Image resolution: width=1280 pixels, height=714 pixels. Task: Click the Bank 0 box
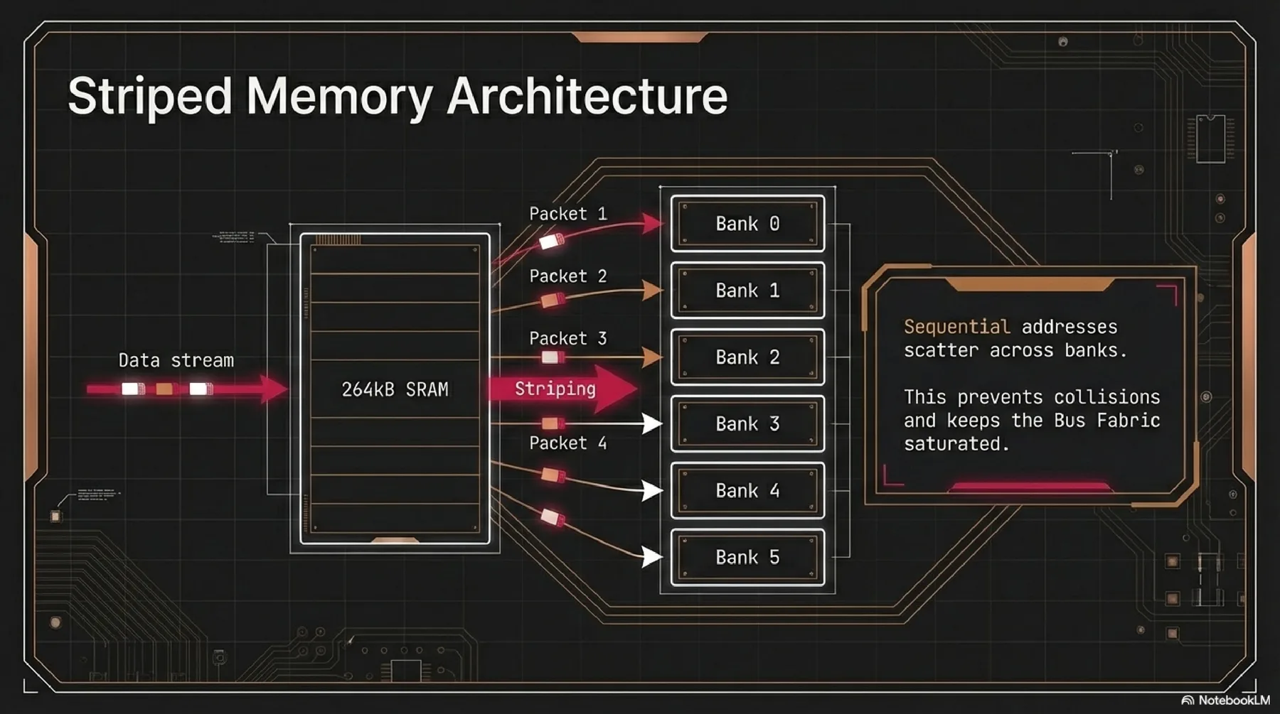(747, 224)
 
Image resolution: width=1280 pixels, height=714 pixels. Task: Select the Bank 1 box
(747, 291)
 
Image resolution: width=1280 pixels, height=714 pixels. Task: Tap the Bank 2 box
(747, 357)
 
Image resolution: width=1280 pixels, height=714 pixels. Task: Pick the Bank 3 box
(747, 424)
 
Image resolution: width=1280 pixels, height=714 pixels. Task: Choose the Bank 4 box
(747, 491)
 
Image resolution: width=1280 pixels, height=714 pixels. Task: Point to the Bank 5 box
(747, 558)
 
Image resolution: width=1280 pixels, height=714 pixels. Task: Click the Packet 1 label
(567, 214)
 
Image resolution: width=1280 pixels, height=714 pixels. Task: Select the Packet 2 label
(567, 276)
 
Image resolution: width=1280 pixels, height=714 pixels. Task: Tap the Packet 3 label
(567, 339)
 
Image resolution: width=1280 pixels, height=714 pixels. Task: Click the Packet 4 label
(567, 443)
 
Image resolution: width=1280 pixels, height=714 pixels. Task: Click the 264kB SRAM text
(395, 389)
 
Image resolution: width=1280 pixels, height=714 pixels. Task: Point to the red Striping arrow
(562, 389)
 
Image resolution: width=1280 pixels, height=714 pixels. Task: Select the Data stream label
(176, 360)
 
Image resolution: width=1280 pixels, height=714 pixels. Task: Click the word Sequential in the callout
(956, 327)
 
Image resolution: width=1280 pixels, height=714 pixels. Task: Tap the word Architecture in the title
(587, 96)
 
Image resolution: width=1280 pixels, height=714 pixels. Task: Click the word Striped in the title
(149, 96)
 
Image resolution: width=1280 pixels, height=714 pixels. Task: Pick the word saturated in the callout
(956, 444)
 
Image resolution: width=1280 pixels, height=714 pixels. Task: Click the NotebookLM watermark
(1226, 701)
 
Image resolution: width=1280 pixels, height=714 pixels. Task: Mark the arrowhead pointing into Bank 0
(653, 223)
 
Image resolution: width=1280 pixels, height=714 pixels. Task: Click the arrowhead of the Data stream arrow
(274, 389)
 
